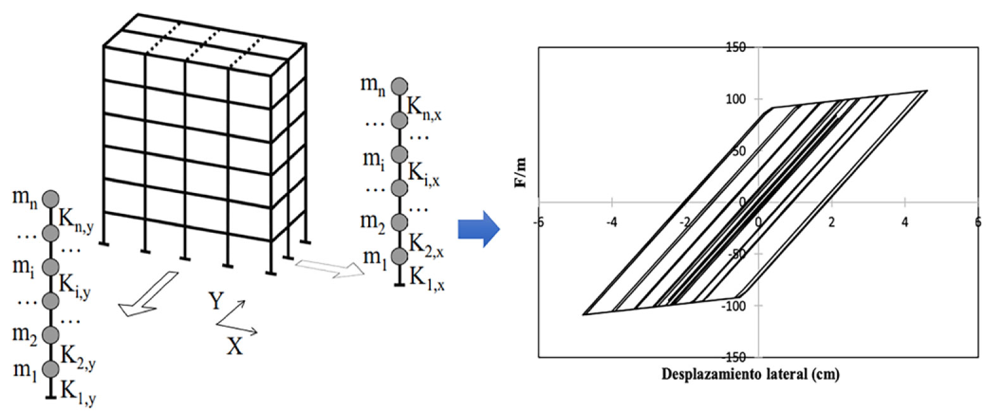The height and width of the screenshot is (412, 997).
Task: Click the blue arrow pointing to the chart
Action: (479, 228)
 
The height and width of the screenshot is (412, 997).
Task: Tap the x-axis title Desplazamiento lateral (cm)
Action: (750, 374)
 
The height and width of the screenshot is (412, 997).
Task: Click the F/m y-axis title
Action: (520, 173)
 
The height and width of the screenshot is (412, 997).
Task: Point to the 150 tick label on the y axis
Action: (736, 47)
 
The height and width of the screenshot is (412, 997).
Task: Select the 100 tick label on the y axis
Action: (736, 99)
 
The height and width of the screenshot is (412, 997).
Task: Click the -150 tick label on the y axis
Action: (734, 357)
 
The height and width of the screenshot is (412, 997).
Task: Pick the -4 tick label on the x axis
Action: (612, 222)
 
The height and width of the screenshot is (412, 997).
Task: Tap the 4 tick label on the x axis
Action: (905, 222)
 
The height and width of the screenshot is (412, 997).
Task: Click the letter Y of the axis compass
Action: (216, 301)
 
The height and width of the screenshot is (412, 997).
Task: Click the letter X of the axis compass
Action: (235, 346)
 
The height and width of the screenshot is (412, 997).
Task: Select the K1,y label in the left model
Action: (78, 392)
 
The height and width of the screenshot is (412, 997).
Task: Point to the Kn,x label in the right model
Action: (424, 108)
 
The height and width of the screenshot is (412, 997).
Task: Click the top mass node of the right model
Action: (399, 85)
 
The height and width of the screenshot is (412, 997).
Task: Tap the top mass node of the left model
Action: (51, 199)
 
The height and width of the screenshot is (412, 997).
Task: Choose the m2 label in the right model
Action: (373, 222)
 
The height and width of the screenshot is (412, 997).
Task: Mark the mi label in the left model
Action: (23, 266)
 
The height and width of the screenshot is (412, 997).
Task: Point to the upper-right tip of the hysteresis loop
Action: (926, 91)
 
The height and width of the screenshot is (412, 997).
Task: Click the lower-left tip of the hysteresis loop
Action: (584, 314)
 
